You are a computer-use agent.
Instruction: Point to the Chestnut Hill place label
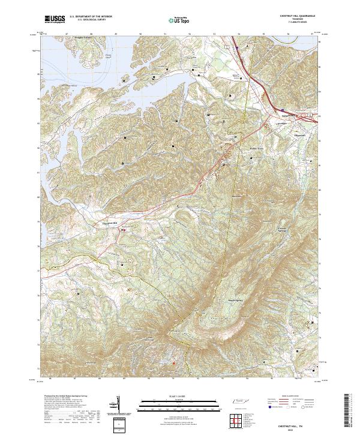(106, 223)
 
